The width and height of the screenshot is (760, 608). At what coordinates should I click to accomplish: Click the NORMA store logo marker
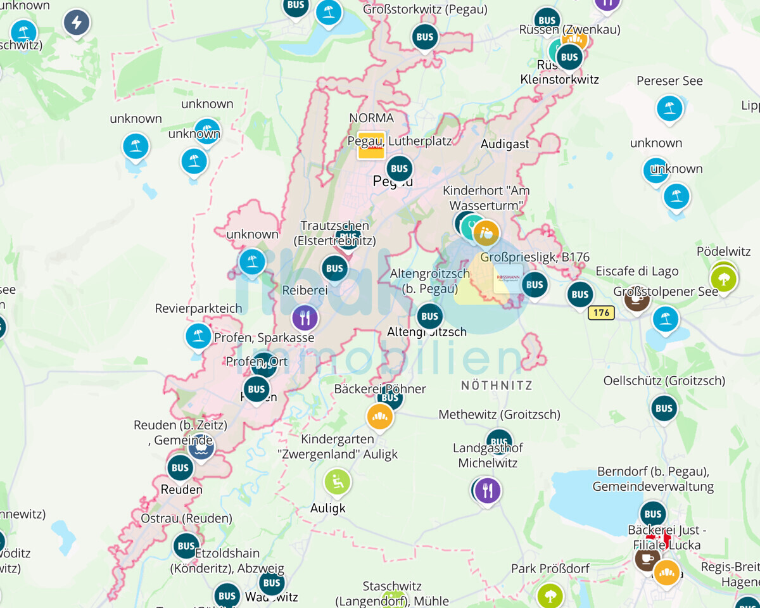371,145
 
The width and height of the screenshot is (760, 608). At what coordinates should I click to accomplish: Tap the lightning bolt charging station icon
77,23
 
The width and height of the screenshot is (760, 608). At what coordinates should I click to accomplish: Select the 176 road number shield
601,312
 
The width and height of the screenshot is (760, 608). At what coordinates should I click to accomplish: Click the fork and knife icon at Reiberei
305,317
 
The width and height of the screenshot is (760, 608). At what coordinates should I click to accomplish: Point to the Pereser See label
669,81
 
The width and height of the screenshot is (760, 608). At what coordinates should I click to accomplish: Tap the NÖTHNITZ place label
497,385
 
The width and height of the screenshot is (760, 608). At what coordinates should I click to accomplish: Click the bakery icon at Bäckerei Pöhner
380,416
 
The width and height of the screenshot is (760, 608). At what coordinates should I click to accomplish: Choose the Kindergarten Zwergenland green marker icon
337,482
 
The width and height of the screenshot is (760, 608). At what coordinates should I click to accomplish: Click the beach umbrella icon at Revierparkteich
198,336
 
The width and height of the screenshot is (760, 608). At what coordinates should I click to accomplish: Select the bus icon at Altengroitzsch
429,316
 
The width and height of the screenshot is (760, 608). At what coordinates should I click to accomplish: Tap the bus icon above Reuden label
180,468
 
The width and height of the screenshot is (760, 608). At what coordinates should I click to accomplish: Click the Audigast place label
505,144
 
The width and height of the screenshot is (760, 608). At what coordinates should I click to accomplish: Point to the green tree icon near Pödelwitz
723,278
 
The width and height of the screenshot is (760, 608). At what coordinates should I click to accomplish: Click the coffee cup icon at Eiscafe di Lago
636,299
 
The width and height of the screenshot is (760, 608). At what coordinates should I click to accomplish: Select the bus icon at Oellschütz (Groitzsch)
664,408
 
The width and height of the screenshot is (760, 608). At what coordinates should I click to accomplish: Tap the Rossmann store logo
508,279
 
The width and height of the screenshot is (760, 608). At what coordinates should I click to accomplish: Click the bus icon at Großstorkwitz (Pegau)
425,37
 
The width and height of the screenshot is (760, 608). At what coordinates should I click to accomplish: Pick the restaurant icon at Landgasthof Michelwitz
488,490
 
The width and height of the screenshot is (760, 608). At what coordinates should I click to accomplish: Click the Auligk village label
328,508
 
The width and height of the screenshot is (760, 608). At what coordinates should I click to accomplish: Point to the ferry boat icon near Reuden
201,447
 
